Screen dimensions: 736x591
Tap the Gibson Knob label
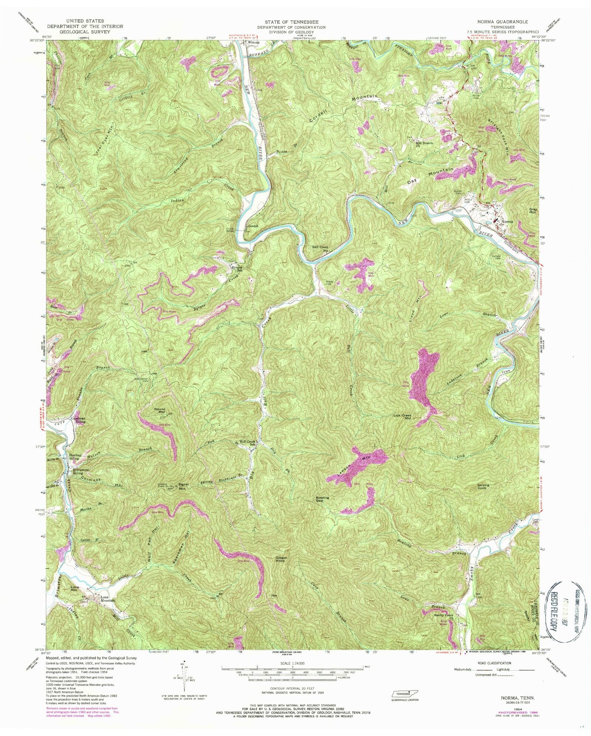pyautogui.click(x=280, y=559)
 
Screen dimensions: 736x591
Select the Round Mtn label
pyautogui.click(x=160, y=411)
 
